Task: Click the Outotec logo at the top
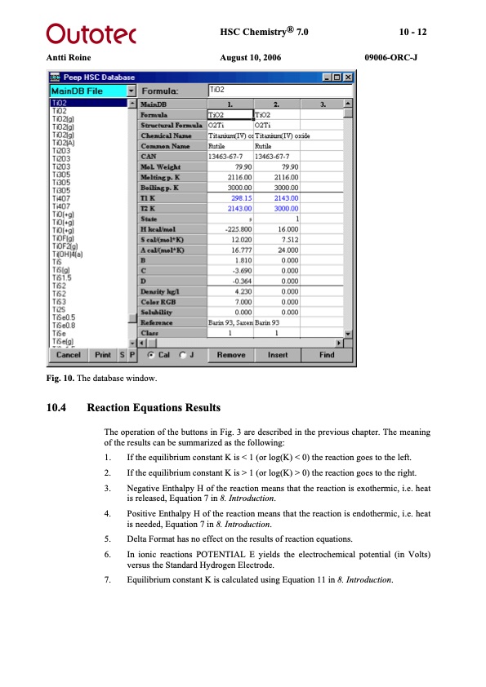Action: click(90, 33)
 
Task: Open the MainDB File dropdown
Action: click(131, 91)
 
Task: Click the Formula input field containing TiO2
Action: click(278, 91)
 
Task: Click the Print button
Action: click(103, 355)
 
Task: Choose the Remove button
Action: click(230, 355)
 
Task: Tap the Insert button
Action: click(278, 355)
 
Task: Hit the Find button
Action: click(327, 355)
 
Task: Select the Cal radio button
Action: click(151, 355)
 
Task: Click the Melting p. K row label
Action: click(160, 175)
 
